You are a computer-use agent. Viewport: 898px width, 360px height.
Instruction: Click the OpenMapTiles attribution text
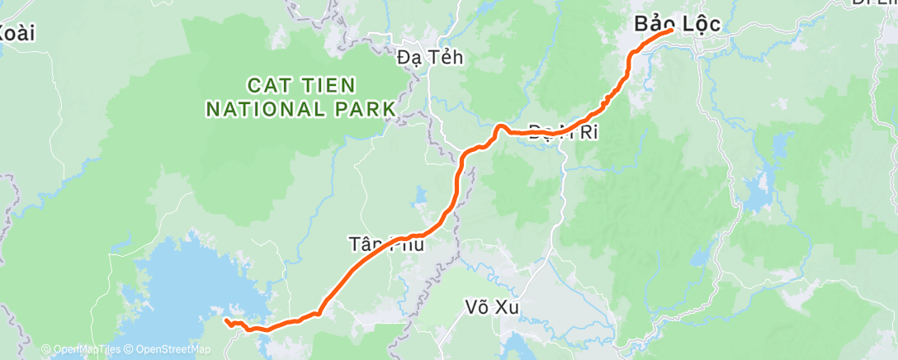point(85,350)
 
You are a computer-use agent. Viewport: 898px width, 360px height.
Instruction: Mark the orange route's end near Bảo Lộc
point(672,31)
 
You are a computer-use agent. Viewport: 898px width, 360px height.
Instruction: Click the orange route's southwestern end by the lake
point(226,320)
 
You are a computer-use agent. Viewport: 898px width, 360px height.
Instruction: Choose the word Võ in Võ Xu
point(475,307)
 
